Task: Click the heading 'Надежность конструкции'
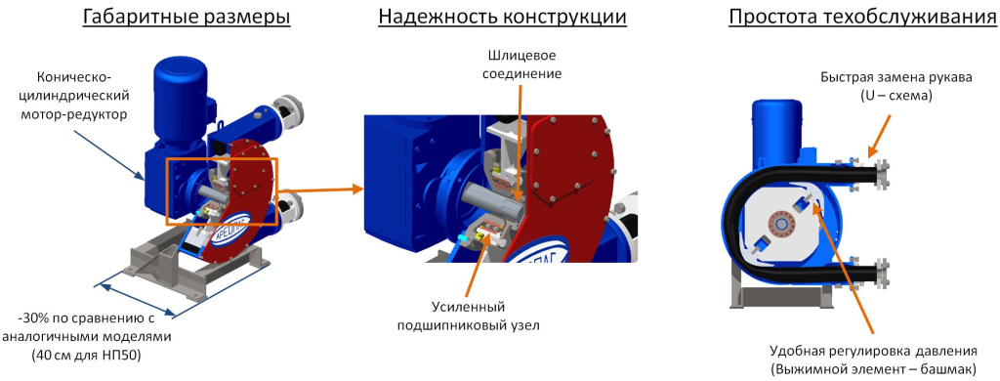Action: coord(502,19)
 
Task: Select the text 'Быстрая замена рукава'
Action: coord(896,78)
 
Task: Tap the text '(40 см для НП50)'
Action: coord(87,354)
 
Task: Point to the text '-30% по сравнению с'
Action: coord(87,317)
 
